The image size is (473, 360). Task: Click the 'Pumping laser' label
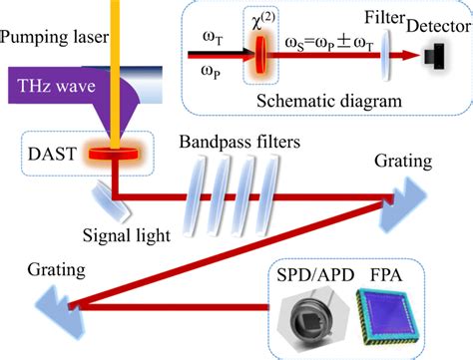coord(51,38)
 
